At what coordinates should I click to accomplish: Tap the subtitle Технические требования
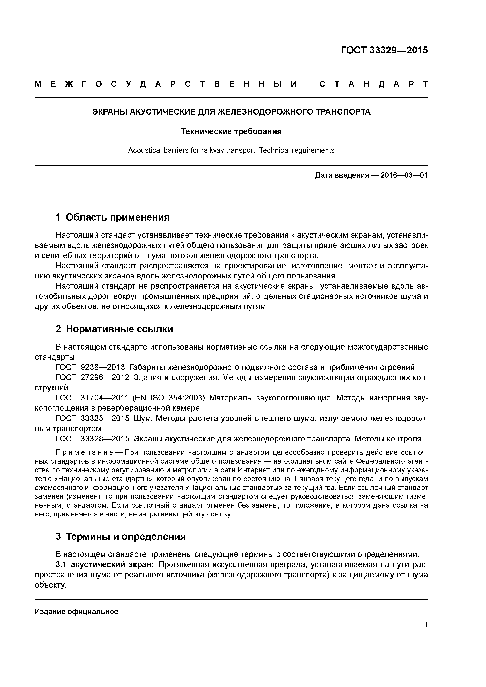tap(231, 132)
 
